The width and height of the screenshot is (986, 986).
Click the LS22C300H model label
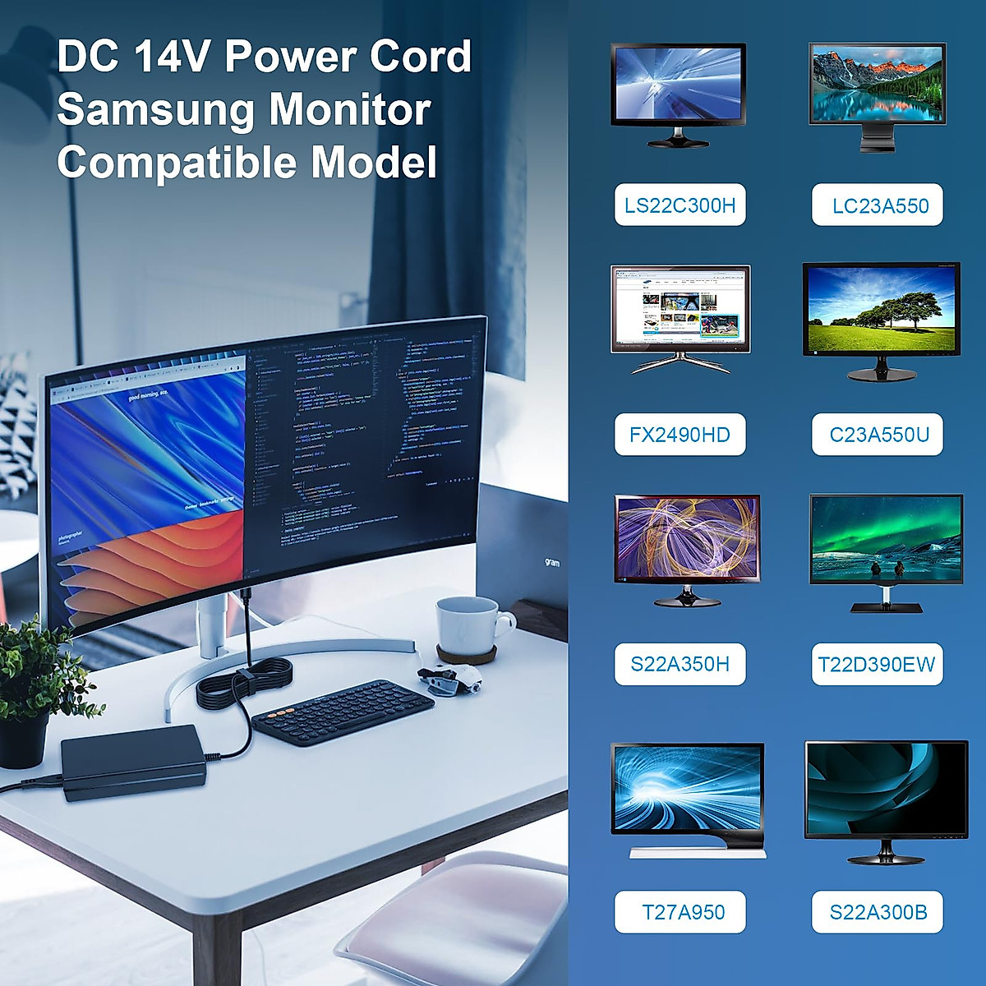click(680, 205)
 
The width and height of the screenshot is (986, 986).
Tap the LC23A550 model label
click(878, 205)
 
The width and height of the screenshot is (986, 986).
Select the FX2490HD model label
click(680, 435)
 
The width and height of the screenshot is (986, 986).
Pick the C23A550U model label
click(878, 435)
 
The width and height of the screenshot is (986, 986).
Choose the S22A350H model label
click(680, 664)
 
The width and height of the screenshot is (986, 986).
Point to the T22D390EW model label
click(877, 664)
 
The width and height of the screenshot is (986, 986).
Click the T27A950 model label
click(682, 912)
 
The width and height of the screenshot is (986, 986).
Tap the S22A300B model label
click(878, 912)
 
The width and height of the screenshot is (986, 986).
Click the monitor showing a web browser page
click(680, 309)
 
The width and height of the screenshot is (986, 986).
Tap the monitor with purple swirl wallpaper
click(687, 540)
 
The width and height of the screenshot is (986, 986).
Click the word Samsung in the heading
click(155, 110)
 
